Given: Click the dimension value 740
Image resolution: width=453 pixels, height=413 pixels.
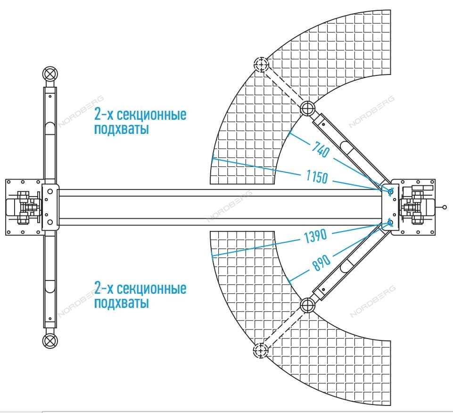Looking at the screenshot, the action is [321, 149].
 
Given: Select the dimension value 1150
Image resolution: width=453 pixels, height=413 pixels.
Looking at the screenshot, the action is [317, 177].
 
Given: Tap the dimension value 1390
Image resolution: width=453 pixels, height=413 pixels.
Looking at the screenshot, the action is [315, 236].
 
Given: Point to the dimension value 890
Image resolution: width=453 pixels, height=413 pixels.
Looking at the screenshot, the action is [321, 263].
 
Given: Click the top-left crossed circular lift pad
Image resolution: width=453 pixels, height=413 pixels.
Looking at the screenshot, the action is [50, 74].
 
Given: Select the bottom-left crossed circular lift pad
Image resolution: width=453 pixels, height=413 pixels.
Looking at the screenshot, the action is [50, 341].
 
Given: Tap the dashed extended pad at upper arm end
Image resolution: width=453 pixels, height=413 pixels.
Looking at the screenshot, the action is [261, 64].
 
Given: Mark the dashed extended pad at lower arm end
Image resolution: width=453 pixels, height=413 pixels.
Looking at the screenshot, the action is [261, 350].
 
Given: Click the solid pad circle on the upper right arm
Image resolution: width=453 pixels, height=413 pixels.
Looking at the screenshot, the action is [308, 108].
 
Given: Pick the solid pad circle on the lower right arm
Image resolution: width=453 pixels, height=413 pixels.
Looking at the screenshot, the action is [308, 305].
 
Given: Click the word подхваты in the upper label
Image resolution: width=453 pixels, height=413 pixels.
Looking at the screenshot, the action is [122, 129].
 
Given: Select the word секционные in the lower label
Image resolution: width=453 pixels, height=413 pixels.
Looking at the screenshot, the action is [152, 289].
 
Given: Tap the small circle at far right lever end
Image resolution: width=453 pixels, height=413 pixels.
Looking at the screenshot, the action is [445, 207].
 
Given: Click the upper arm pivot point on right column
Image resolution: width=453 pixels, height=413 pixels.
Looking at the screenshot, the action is [391, 191].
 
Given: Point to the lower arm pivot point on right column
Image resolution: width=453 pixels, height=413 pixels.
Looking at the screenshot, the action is [390, 223].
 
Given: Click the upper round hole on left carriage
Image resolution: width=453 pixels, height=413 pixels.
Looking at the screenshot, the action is [50, 191].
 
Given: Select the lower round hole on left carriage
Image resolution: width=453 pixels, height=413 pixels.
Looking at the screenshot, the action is [50, 222].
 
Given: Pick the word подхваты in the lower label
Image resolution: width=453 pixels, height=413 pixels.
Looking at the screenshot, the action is [122, 303].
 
